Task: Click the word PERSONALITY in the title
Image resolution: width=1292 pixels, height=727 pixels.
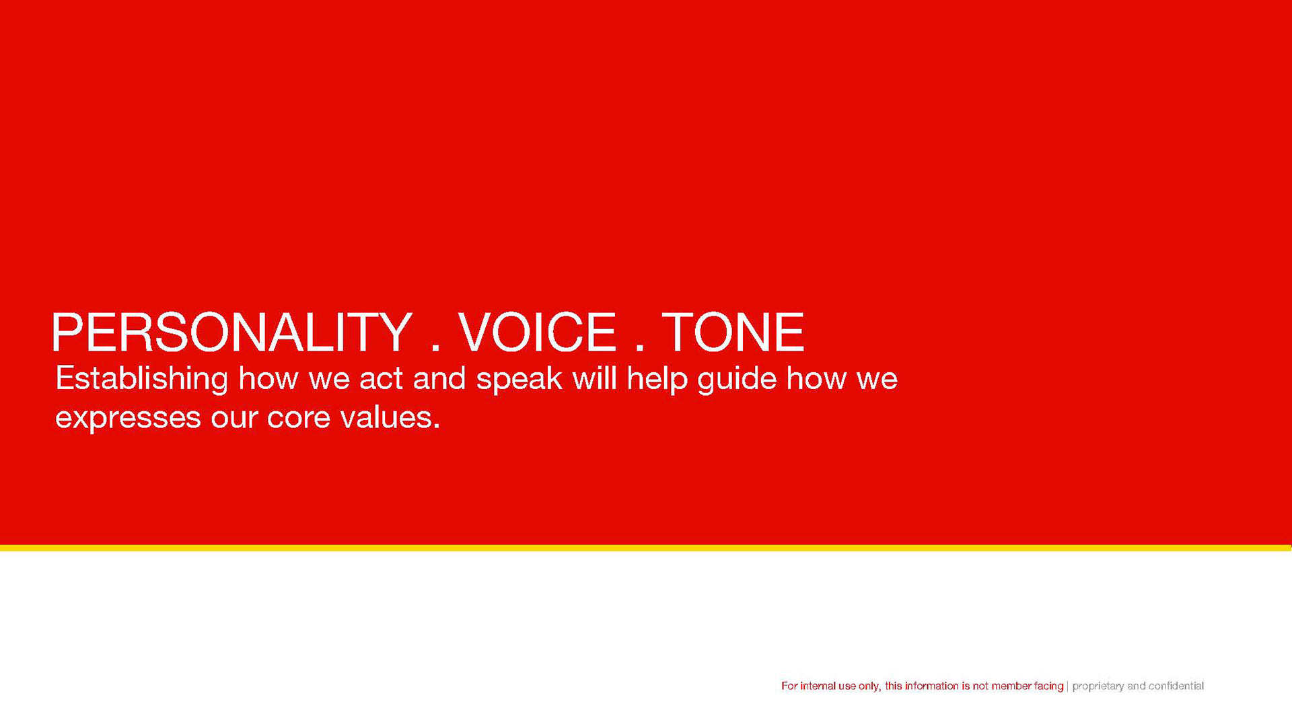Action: pos(231,333)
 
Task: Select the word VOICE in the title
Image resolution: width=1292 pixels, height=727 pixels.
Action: pos(537,333)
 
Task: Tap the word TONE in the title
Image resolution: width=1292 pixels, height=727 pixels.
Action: pos(733,333)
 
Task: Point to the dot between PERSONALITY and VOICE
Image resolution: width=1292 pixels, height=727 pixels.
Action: pos(435,347)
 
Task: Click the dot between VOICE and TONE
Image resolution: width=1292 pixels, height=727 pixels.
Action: pos(639,347)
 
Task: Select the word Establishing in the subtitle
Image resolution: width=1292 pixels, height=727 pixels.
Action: pos(142,379)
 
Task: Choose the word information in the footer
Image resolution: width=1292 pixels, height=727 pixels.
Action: pos(932,686)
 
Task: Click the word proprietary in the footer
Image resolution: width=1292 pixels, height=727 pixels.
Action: pos(1098,687)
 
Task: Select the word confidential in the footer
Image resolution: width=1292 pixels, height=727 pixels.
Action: pos(1176,686)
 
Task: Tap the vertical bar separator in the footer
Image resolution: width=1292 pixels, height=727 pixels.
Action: pos(1068,686)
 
